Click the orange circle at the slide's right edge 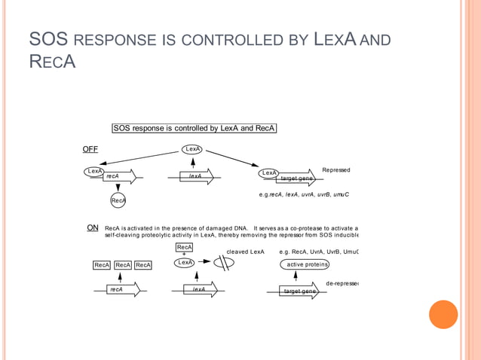click(x=443, y=315)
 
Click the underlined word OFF click(x=90, y=150)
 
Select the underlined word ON click(x=93, y=227)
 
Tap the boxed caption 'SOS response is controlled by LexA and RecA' click(x=194, y=129)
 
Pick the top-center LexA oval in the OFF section click(x=193, y=149)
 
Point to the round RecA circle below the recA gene click(x=118, y=200)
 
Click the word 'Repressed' click(x=335, y=170)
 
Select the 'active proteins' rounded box click(x=305, y=264)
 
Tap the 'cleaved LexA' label click(x=245, y=252)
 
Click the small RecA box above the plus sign click(x=185, y=247)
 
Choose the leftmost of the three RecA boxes click(x=102, y=265)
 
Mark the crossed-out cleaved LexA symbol click(x=224, y=264)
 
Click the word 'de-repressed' click(x=342, y=283)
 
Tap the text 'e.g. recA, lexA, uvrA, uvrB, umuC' click(x=303, y=195)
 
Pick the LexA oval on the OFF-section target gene click(x=269, y=173)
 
